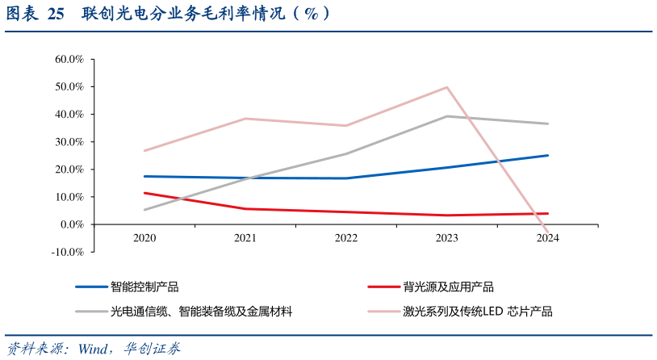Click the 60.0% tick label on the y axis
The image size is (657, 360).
(x=69, y=59)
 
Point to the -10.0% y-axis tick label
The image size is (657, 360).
(x=68, y=252)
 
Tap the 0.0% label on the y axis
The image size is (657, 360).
(x=72, y=224)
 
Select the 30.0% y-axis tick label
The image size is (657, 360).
(x=69, y=141)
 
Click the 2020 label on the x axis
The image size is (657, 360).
(x=144, y=238)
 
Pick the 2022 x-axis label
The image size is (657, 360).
(x=346, y=238)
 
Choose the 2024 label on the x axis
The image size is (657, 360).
(x=548, y=238)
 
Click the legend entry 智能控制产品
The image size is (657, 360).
(x=144, y=287)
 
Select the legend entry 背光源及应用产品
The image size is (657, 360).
(x=448, y=287)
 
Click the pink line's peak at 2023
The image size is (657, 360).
(x=447, y=87)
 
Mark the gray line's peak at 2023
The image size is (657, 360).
(x=447, y=116)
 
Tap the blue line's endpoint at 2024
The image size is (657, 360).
(x=548, y=155)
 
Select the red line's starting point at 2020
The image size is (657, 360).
(x=144, y=193)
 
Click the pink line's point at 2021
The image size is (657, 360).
(x=245, y=119)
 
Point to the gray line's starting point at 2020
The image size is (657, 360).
(x=144, y=210)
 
